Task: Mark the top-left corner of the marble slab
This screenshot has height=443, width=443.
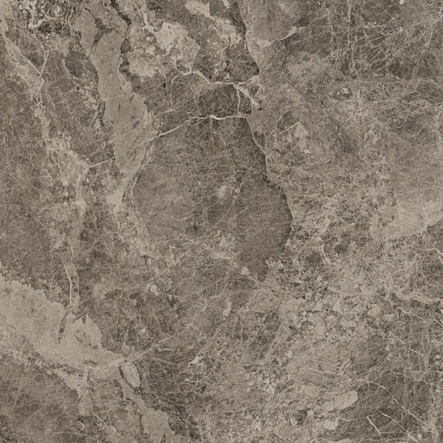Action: point(1,1)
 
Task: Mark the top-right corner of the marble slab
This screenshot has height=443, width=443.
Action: point(441,1)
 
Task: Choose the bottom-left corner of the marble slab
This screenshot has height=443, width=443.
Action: point(1,441)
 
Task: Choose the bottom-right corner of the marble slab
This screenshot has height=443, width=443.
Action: point(441,441)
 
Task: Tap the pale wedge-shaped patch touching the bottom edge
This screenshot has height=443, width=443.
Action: point(151,425)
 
